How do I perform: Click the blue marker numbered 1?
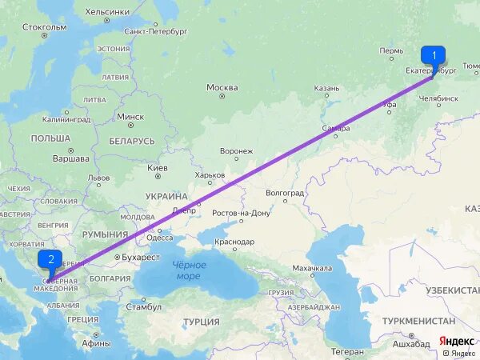coord(434,56)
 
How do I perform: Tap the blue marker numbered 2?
coord(51,259)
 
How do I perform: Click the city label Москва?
coord(222,87)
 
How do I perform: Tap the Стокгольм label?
coord(45,26)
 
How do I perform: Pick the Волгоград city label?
coord(285,194)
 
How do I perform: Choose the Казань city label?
coord(326,88)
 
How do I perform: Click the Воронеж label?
coord(236,150)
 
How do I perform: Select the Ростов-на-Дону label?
coord(241,214)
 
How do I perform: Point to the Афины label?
coord(96,342)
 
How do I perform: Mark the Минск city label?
coord(130,116)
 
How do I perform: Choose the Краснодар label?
coord(234,242)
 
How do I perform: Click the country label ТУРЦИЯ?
coord(201,322)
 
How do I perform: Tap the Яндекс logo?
coord(457,341)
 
